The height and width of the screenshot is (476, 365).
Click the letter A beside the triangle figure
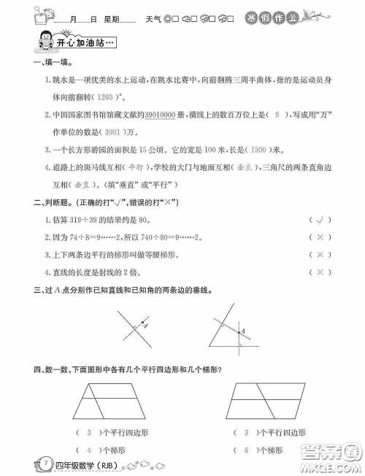click(244, 329)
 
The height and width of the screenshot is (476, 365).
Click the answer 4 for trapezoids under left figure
click(89, 450)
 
